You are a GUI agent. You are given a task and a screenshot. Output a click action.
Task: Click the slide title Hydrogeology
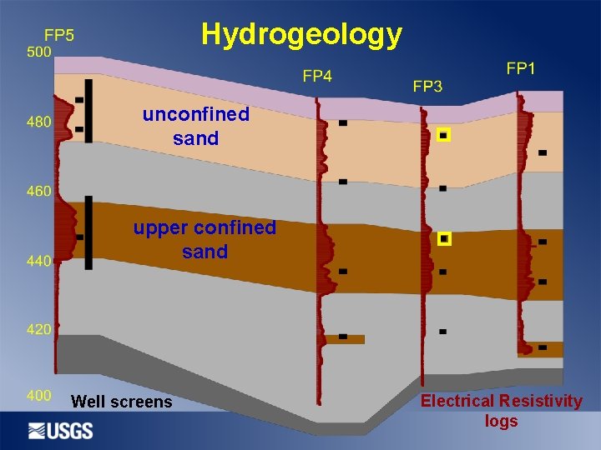[x=301, y=34]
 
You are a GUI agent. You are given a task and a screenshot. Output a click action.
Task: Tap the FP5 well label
[x=58, y=35]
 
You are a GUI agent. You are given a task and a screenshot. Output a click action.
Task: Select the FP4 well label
[x=317, y=77]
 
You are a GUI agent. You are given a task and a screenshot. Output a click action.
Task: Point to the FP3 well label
[x=427, y=86]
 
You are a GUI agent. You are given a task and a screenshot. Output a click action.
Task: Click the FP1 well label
[x=521, y=68]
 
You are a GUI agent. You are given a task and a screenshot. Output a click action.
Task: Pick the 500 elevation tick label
[x=39, y=52]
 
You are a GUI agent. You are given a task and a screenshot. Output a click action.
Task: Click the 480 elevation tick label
[x=39, y=122]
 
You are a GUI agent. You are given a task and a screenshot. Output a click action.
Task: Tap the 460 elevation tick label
[x=39, y=191]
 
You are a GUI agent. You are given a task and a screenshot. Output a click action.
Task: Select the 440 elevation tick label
[x=39, y=261]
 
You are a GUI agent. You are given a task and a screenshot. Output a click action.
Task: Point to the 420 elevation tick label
[x=39, y=329]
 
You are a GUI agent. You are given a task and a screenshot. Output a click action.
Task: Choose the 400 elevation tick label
[x=39, y=395]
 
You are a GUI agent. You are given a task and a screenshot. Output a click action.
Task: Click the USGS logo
[x=61, y=430]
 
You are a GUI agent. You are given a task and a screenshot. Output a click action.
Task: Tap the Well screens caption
[x=122, y=402]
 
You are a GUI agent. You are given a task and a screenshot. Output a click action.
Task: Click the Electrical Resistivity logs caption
[x=501, y=411]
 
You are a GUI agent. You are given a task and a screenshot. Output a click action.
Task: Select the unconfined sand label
[x=196, y=126]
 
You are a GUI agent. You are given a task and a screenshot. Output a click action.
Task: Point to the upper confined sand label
[x=205, y=239]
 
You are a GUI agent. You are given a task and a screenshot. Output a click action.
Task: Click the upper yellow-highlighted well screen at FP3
[x=443, y=134]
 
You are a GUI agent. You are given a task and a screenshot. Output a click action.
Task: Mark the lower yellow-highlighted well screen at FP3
[x=444, y=239]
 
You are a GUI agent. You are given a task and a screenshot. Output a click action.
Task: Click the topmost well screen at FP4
[x=342, y=123]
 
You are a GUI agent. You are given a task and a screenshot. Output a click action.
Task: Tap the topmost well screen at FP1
[x=543, y=152]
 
